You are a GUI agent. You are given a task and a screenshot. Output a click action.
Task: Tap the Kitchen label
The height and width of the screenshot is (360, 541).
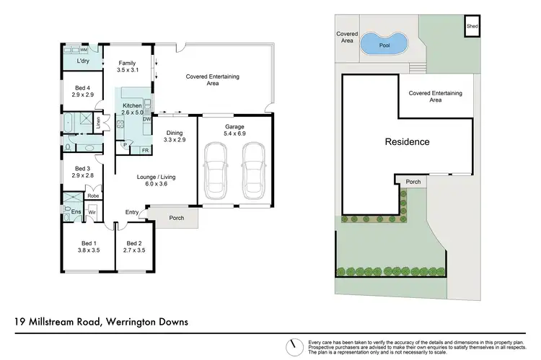pos(132,106)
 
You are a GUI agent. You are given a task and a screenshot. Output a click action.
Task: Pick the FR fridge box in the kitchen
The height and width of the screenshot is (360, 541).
pos(144,150)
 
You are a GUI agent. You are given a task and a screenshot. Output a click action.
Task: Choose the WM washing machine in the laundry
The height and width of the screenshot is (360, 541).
pos(84,50)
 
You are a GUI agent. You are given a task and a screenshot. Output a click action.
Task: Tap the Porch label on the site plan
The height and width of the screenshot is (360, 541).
pos(413,181)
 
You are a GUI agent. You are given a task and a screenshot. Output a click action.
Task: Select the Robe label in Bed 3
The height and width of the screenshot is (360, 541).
pos(92,196)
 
